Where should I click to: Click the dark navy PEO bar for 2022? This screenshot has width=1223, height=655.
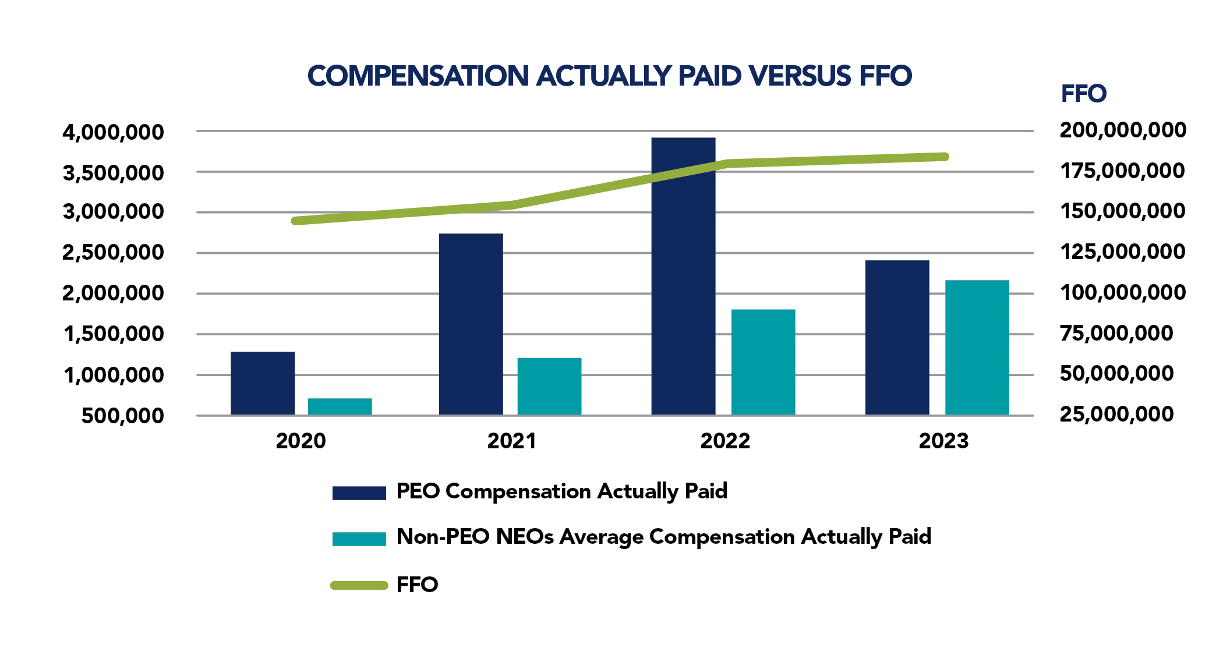coord(683,276)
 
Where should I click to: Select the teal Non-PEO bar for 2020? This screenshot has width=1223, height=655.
coord(340,406)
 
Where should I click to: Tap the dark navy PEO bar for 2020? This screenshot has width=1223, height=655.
coord(263,383)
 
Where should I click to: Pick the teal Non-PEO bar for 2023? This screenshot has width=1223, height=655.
coord(977,348)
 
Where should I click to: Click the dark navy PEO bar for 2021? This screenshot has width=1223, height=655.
coord(471,324)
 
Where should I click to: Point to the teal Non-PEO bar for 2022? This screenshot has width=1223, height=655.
coord(763,362)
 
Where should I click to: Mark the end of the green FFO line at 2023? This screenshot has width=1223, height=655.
coord(945,157)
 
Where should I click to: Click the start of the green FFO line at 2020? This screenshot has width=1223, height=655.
coord(295,221)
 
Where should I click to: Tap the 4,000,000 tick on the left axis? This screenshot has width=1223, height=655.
coord(114,132)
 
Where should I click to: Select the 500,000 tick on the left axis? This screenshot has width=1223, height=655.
coord(122,416)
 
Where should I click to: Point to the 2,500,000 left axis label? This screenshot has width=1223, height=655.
coord(114,253)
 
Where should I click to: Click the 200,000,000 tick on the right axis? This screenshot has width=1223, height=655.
coord(1122,130)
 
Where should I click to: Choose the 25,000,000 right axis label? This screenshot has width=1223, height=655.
coord(1116,414)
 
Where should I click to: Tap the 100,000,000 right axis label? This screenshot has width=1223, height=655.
coord(1122,292)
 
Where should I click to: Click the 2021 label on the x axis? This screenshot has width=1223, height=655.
coord(511,441)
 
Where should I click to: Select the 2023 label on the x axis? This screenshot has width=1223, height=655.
coord(943,441)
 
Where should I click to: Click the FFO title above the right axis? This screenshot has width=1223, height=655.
coord(1083,94)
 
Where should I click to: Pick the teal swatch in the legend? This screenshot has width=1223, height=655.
coord(359,539)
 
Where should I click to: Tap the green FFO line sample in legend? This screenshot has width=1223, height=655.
coord(359,585)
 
